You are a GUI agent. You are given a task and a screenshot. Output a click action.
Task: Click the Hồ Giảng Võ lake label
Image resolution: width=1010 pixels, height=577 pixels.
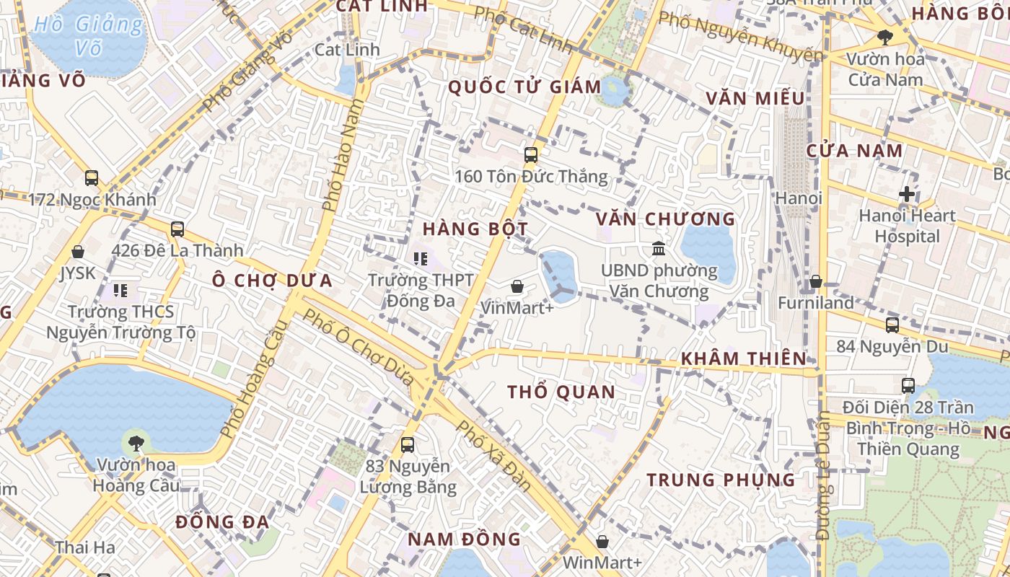[x=89, y=36]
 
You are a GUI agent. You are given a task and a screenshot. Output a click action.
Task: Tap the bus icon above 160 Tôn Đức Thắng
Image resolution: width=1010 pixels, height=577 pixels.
[x=531, y=154]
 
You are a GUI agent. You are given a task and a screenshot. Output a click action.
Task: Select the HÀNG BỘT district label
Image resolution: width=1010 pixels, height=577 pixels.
[x=475, y=229]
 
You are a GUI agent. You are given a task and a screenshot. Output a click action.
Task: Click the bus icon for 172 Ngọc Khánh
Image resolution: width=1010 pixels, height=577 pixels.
[x=92, y=177]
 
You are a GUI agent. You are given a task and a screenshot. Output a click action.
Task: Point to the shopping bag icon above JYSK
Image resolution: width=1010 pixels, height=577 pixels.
[x=78, y=252]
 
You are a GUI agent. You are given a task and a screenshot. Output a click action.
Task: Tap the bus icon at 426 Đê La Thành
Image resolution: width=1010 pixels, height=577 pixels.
[x=177, y=229]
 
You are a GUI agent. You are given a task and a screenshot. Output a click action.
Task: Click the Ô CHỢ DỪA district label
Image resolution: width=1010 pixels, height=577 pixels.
[x=273, y=281]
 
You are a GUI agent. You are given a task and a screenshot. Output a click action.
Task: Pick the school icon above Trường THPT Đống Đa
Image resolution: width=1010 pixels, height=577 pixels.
[x=421, y=257]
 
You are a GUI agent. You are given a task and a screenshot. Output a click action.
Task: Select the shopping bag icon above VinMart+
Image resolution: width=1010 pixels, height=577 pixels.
[x=517, y=286]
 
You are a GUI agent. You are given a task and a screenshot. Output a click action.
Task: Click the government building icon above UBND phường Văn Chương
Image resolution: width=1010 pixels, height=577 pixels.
[x=659, y=249]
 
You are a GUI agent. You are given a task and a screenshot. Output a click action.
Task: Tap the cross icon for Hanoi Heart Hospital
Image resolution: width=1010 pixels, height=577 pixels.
[x=907, y=194]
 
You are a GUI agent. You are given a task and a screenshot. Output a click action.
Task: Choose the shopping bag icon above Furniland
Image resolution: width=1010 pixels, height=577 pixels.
[x=816, y=281]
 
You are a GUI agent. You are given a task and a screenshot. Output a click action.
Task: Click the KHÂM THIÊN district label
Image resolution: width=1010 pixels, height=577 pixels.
[x=744, y=358]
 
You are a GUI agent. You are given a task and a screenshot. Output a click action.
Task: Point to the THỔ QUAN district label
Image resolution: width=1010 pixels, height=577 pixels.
[x=561, y=392]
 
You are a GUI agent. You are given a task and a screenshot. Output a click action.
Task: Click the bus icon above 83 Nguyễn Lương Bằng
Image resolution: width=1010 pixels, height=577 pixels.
[x=408, y=445]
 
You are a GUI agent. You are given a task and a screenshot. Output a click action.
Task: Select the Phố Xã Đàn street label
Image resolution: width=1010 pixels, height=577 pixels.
[x=495, y=456]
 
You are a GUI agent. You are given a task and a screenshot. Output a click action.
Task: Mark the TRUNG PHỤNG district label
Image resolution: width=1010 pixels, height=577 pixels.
[x=721, y=480]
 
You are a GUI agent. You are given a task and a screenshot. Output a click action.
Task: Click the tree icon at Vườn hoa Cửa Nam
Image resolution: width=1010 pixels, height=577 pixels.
[x=885, y=37]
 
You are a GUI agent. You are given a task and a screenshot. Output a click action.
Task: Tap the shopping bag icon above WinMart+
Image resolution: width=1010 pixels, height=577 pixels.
[x=602, y=541]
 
